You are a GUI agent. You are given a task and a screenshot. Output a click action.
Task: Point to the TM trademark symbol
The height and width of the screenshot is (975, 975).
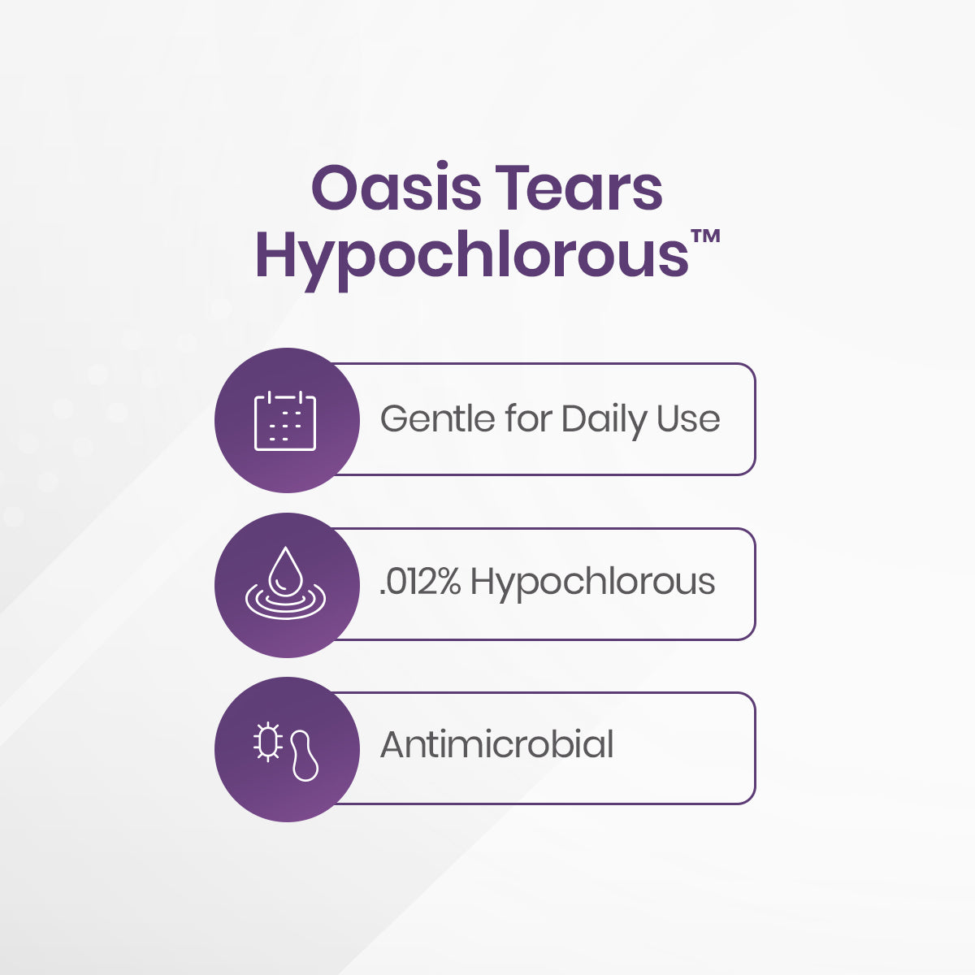pos(708,237)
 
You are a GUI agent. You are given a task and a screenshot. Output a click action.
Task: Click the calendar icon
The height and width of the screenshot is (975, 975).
pos(285,421)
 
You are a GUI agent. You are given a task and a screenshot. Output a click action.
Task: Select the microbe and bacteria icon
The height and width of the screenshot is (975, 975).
pos(285,749)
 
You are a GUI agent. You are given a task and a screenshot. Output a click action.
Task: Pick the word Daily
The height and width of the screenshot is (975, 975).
pos(603,420)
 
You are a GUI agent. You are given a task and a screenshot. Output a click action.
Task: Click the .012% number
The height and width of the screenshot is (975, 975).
pos(420,582)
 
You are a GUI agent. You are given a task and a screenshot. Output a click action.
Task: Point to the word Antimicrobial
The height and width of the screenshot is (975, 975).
pos(496,745)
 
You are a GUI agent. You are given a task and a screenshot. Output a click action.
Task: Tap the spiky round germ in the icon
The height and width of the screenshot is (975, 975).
pos(267,741)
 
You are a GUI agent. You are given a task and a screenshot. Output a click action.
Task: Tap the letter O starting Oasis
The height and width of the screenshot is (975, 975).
pos(332,190)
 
